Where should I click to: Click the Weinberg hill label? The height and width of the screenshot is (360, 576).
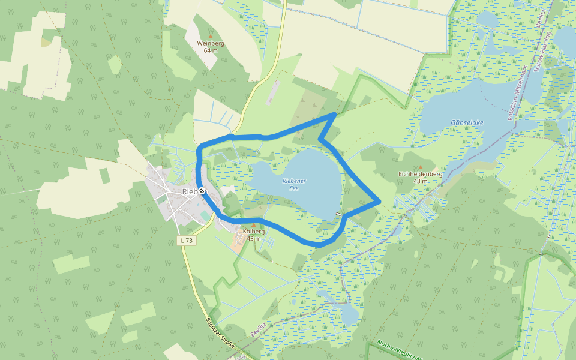coord(210,43)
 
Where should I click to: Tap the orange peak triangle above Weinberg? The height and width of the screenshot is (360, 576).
coord(210,36)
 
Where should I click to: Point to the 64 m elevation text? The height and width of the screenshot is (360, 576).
coord(210,50)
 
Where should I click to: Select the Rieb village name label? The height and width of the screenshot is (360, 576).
coord(190,191)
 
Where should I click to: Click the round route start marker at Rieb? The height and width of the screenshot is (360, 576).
coord(202,191)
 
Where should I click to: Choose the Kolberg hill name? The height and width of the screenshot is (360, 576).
coord(253,232)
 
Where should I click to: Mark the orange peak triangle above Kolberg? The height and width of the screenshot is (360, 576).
coord(253,225)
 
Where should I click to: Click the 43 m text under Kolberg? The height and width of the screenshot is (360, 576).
coord(253,239)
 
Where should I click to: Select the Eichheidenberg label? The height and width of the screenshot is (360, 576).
coord(420,174)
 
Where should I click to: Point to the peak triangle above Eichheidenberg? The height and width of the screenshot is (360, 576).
coord(420,167)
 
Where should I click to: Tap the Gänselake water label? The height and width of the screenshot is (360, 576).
coord(467,122)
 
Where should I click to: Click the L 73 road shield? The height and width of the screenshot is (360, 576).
coord(187,241)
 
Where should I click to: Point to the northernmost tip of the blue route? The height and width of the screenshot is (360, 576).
coord(334,113)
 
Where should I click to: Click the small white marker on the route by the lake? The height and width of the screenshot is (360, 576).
coord(339,214)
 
